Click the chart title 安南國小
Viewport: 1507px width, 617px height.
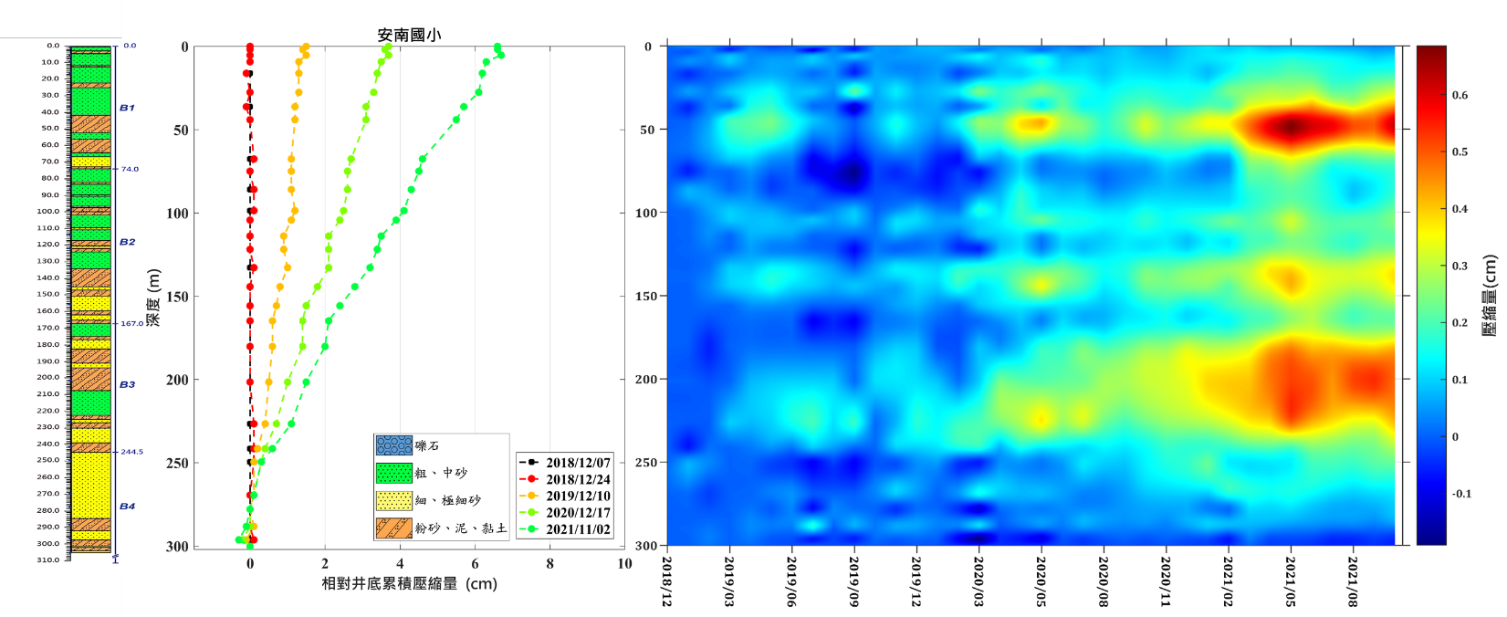(410, 36)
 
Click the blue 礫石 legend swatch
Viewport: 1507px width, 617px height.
(393, 445)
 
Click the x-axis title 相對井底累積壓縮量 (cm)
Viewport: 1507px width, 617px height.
(409, 583)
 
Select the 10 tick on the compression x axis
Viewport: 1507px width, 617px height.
(624, 564)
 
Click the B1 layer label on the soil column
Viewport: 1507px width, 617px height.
(127, 108)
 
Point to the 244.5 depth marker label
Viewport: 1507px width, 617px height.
(132, 452)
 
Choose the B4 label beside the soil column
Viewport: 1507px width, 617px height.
(127, 506)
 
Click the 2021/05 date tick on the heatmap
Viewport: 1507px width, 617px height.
(1291, 581)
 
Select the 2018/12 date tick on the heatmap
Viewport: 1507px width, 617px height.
(667, 581)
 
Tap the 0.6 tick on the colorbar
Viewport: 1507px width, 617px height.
(1460, 95)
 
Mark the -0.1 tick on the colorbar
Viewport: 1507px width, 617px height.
(1462, 494)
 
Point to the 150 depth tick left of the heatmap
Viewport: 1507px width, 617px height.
(644, 296)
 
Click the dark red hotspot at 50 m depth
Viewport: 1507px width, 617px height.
(1290, 126)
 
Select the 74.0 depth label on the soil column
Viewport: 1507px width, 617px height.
(131, 169)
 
